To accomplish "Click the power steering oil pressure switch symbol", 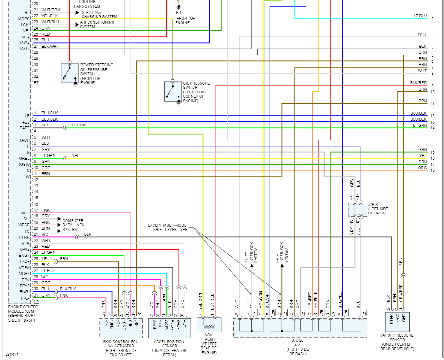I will pyautogui.click(x=69, y=73).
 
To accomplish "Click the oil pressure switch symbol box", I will pyautogui.click(x=173, y=91).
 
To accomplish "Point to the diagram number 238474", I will pyautogui.click(x=12, y=354).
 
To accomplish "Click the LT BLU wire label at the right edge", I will pyautogui.click(x=420, y=16).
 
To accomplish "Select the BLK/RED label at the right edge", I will pyautogui.click(x=418, y=83).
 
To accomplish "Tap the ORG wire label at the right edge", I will pyautogui.click(x=422, y=168).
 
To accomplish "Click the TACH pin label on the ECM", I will pyautogui.click(x=24, y=140).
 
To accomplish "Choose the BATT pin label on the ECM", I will pyautogui.click(x=24, y=128).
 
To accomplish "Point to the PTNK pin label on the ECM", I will pyautogui.click(x=24, y=237).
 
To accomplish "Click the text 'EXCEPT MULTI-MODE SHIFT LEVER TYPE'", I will pyautogui.click(x=167, y=228).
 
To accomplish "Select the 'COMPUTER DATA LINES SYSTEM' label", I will pyautogui.click(x=73, y=225).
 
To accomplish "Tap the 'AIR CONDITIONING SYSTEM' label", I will pyautogui.click(x=97, y=25).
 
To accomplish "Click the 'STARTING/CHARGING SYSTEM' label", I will pyautogui.click(x=99, y=14).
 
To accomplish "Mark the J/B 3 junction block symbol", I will pyautogui.click(x=356, y=209).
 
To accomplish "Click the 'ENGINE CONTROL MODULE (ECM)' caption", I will pyautogui.click(x=24, y=313).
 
